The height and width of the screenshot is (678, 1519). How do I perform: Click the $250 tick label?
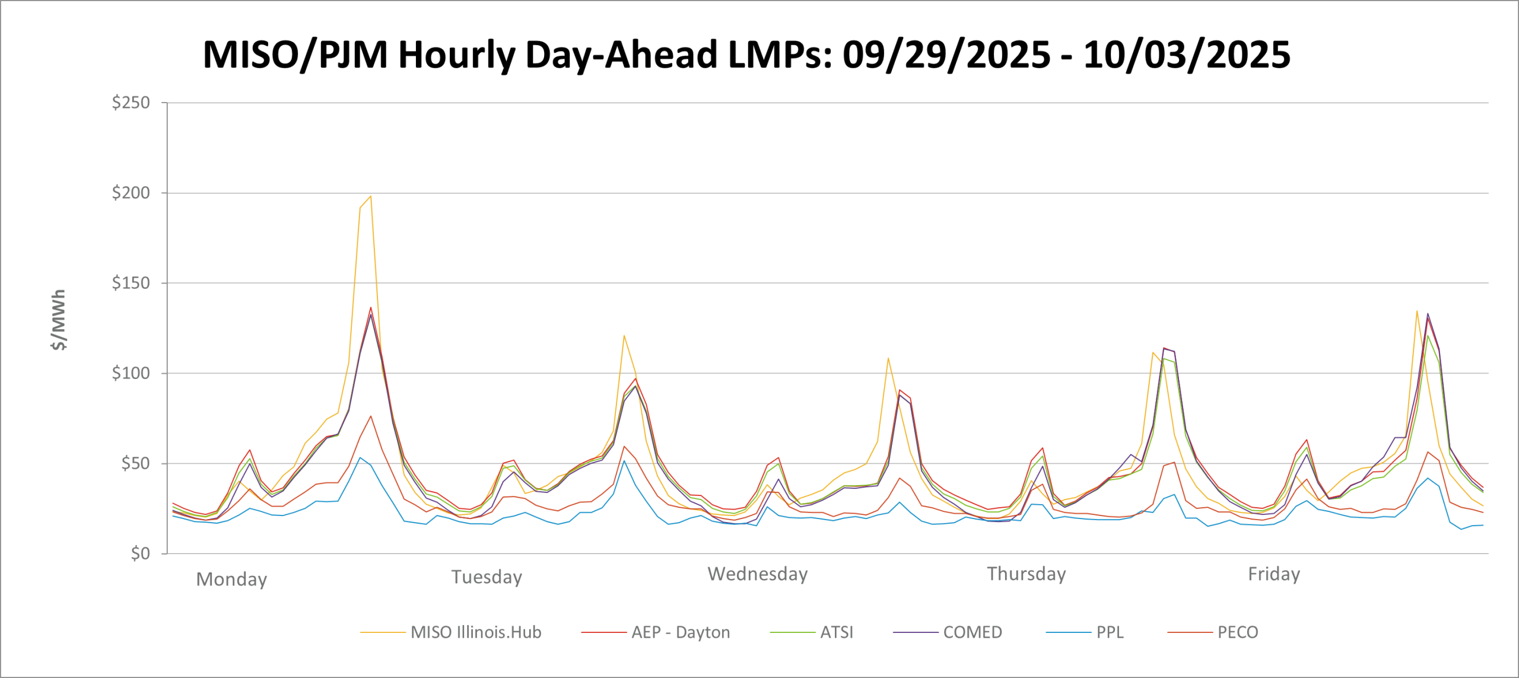[131, 103]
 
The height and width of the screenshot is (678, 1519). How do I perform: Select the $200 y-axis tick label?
[131, 193]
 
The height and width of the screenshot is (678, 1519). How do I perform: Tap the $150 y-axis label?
[131, 283]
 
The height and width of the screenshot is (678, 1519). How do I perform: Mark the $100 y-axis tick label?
[131, 373]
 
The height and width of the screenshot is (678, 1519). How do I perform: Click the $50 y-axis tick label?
[136, 463]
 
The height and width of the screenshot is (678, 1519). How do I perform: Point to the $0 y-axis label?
[141, 553]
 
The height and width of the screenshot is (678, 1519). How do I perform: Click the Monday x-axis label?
[231, 580]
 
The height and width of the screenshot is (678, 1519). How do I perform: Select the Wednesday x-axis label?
[758, 574]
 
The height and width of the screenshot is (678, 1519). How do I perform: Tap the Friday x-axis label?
[1274, 574]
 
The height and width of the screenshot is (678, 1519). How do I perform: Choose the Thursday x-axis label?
[1027, 574]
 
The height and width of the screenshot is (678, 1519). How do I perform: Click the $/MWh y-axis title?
[59, 320]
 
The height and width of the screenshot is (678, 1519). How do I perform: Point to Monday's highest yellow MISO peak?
[370, 196]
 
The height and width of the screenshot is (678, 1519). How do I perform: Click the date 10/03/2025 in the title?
[1187, 55]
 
